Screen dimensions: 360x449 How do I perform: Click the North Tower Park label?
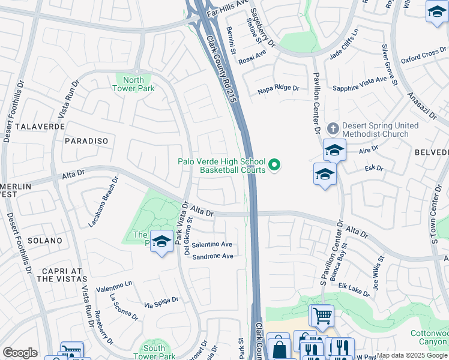[133, 84]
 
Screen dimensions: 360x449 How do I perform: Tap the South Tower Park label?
[154, 352]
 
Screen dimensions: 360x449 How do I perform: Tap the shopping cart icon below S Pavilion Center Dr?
[322, 314]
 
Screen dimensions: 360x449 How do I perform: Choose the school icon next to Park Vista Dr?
[161, 242]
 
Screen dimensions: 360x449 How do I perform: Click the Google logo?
[20, 353]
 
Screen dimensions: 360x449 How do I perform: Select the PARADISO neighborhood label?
[87, 141]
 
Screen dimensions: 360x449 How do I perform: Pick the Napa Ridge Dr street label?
[278, 88]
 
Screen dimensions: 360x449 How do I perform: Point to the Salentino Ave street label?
[212, 244]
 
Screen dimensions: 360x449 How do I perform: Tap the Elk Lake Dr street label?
[354, 289]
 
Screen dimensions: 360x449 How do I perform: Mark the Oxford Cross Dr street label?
[423, 56]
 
